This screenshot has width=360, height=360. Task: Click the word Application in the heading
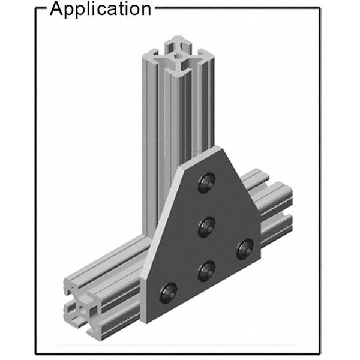(x=100, y=9)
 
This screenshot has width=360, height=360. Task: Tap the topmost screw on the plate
(x=206, y=182)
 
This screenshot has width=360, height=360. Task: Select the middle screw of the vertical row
(x=206, y=227)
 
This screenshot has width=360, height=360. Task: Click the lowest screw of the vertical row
(x=206, y=271)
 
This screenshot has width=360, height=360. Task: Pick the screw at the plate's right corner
(x=245, y=249)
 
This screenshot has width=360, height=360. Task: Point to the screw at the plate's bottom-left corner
(x=168, y=293)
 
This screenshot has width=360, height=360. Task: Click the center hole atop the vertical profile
(x=178, y=56)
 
